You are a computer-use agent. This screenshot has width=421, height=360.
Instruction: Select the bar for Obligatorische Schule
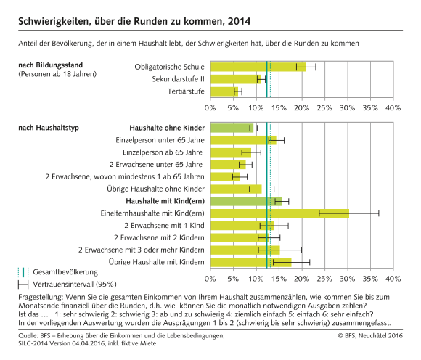(x=258, y=67)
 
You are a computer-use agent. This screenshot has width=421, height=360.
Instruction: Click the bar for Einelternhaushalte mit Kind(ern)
(x=279, y=213)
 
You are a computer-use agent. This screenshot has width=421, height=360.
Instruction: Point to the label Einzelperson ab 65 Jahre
(x=163, y=152)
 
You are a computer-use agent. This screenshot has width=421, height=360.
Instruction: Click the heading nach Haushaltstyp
(x=48, y=128)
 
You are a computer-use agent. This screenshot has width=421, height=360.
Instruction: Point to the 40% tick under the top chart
(x=393, y=107)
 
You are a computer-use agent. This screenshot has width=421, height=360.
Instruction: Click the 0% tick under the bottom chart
(x=210, y=278)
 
